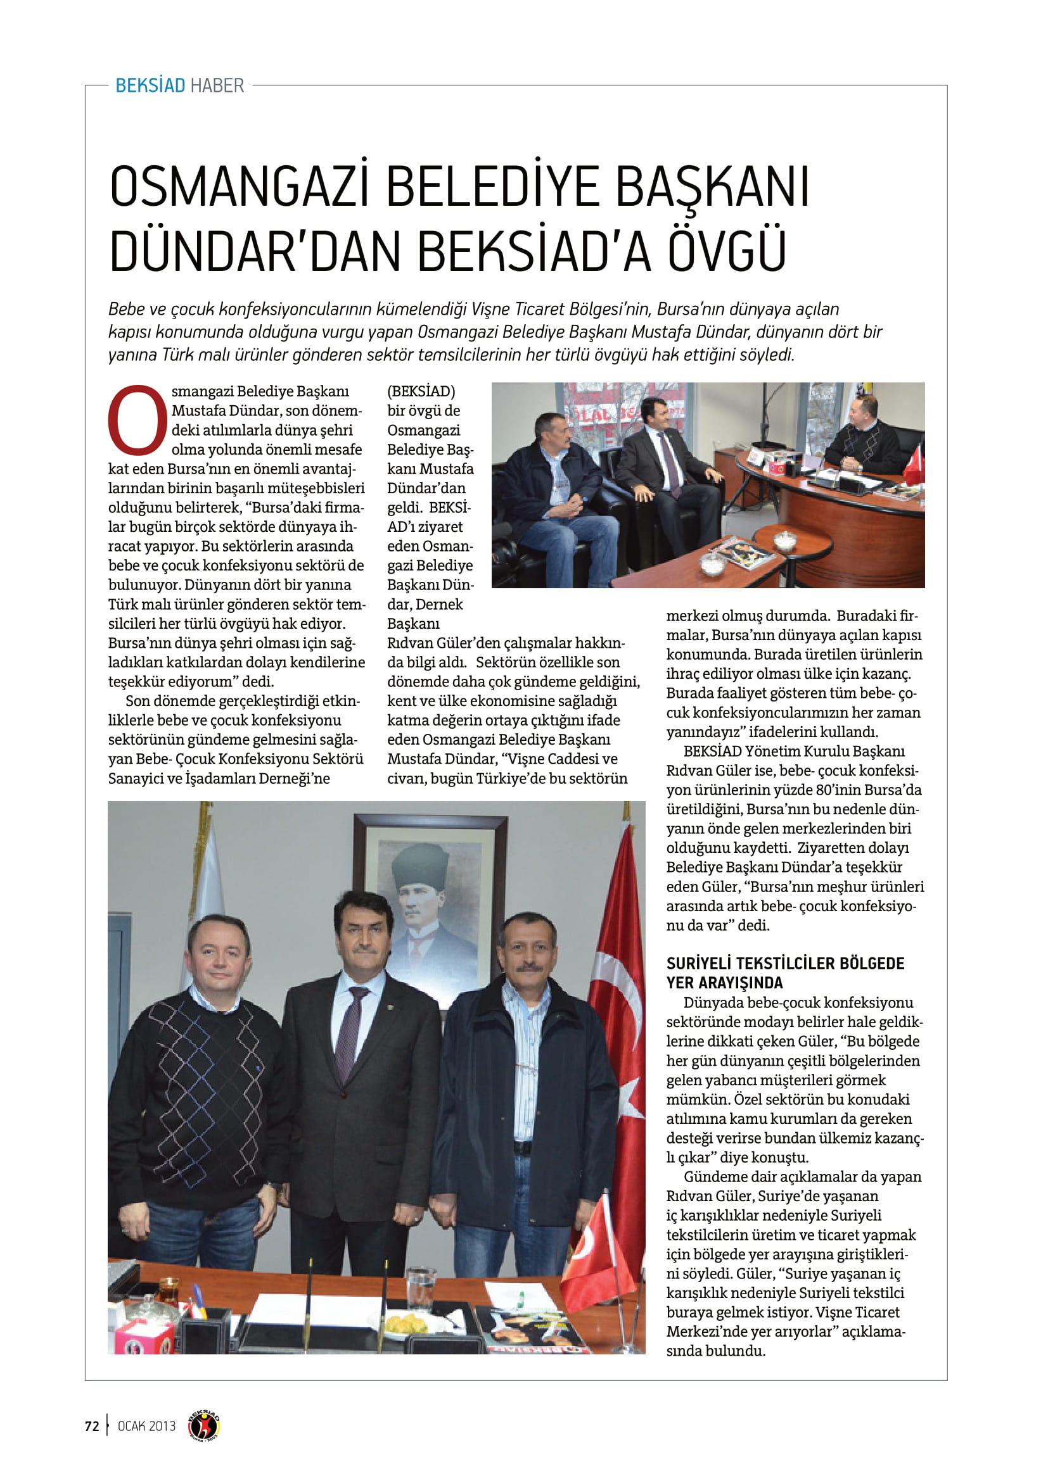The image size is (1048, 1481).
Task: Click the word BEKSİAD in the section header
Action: (x=150, y=85)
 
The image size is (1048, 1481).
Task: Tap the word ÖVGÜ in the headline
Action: (x=727, y=250)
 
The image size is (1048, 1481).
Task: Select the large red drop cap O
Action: (x=137, y=420)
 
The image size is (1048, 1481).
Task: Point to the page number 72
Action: (x=92, y=1425)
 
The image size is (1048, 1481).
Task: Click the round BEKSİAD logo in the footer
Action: (x=204, y=1425)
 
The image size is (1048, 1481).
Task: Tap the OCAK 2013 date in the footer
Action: (x=146, y=1425)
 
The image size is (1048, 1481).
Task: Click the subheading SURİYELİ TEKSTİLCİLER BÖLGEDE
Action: (x=784, y=963)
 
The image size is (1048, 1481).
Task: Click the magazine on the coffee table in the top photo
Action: (x=742, y=553)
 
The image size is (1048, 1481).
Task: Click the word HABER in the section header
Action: (x=217, y=85)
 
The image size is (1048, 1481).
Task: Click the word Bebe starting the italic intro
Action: (x=126, y=309)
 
